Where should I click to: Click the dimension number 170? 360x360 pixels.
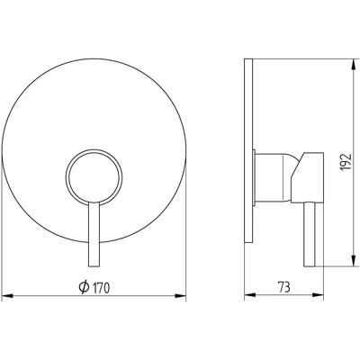(x=101, y=288)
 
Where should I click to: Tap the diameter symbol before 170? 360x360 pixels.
(x=84, y=287)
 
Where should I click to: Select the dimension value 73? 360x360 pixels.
(x=283, y=287)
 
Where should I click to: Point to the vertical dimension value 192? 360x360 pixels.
(x=346, y=162)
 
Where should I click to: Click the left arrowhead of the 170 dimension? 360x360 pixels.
(x=7, y=296)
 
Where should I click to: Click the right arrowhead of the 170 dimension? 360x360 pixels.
(x=181, y=296)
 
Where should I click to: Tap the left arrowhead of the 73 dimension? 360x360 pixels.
(x=250, y=296)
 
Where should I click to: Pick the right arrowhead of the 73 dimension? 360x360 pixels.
(x=319, y=296)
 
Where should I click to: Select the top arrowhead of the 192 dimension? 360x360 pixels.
(x=355, y=64)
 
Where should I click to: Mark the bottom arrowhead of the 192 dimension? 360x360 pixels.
(x=355, y=260)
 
